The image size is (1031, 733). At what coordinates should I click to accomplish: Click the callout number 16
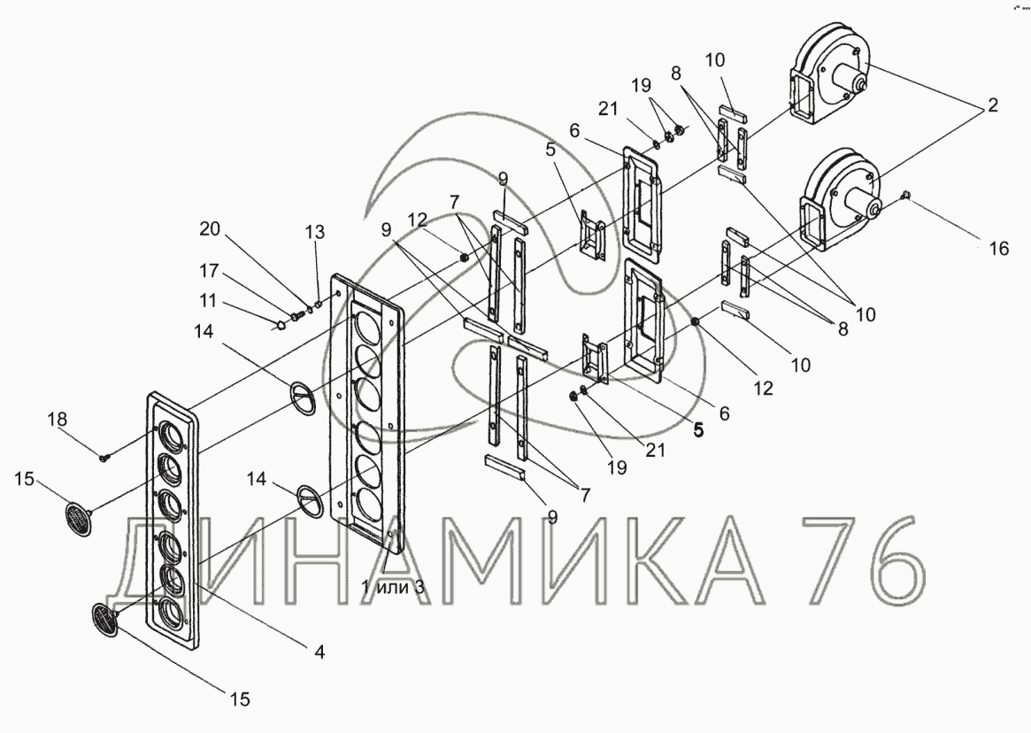tap(997, 249)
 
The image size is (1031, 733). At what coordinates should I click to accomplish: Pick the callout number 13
tap(315, 232)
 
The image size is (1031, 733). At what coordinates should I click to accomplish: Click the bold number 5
tap(698, 431)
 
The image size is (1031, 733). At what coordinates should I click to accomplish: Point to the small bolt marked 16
tap(906, 196)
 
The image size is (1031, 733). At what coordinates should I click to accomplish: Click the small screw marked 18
tap(105, 457)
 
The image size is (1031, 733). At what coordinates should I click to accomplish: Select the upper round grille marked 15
tap(79, 518)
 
